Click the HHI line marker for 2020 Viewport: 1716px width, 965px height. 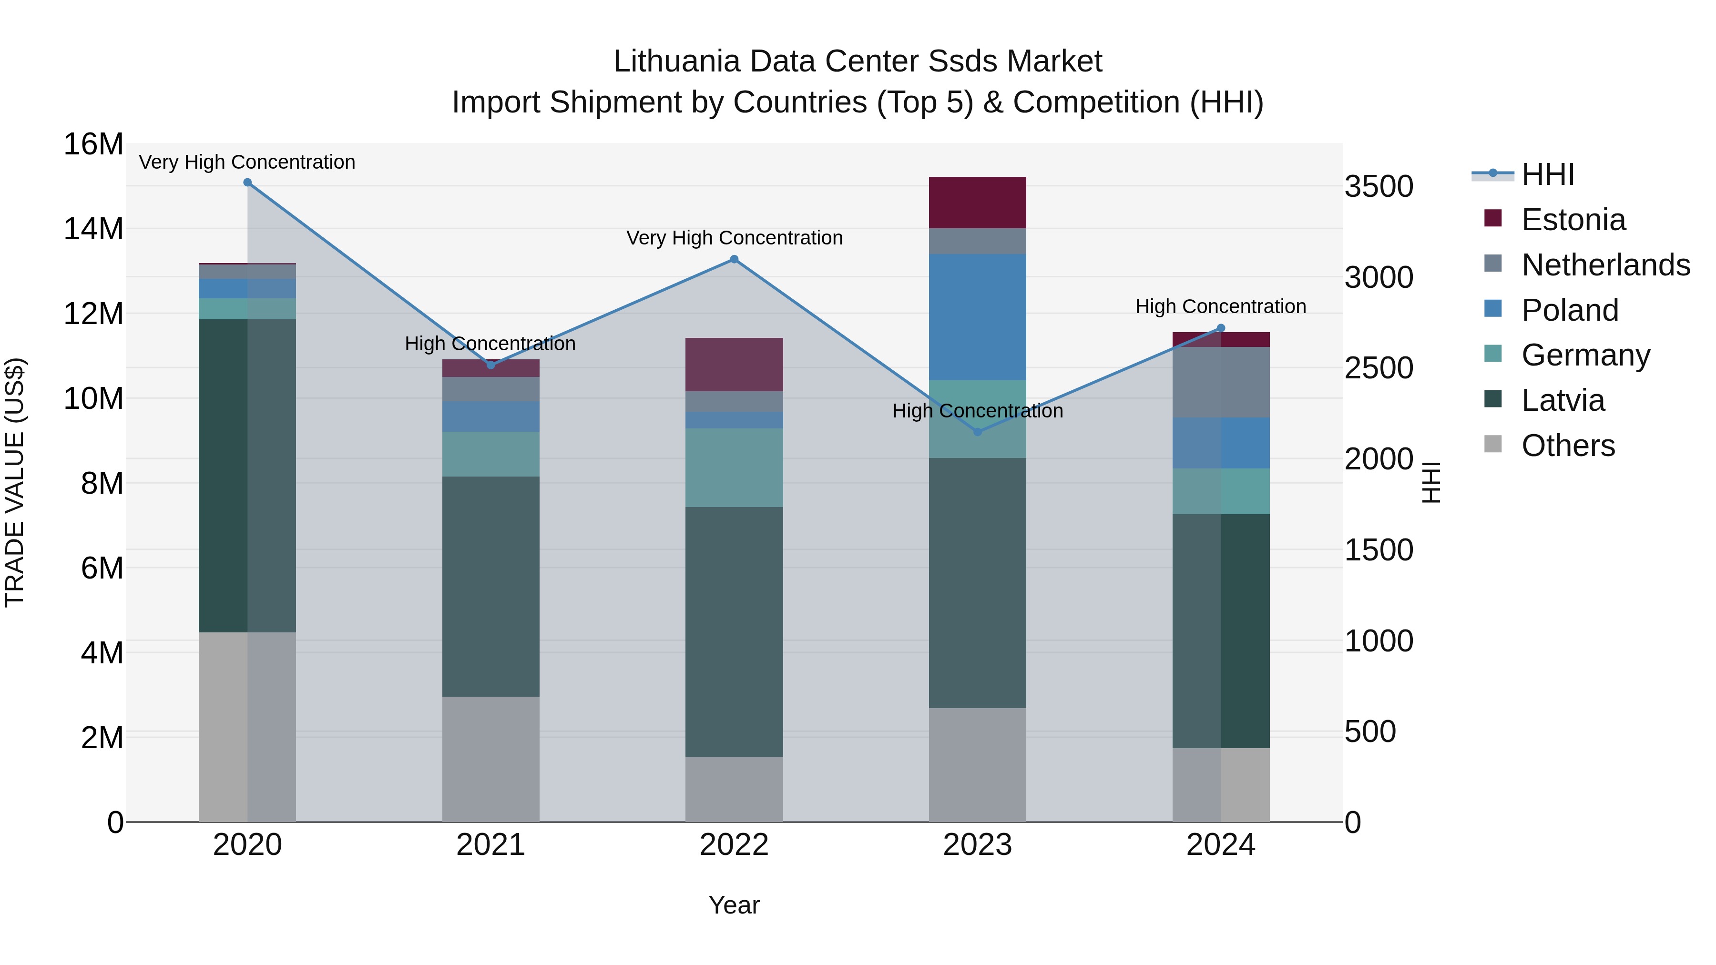(x=247, y=183)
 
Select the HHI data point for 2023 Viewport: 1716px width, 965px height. (x=977, y=432)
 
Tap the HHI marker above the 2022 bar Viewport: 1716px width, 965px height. (x=734, y=259)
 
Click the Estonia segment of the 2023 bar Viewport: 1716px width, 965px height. (x=977, y=203)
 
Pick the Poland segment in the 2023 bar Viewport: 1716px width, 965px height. (x=977, y=317)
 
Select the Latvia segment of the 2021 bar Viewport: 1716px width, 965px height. (x=490, y=586)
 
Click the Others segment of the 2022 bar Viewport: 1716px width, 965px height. (x=734, y=789)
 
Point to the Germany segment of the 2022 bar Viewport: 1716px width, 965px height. (x=734, y=467)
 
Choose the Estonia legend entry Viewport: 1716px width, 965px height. (x=1573, y=220)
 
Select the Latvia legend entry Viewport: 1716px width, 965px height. (x=1563, y=400)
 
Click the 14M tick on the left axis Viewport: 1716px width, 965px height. (x=93, y=229)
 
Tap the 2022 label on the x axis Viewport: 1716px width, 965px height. (x=734, y=845)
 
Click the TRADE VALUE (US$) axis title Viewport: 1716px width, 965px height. (x=15, y=482)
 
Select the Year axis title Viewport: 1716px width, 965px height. (x=734, y=905)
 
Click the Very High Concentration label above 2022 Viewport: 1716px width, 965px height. (x=734, y=238)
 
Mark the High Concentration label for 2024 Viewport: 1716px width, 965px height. (x=1220, y=306)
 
